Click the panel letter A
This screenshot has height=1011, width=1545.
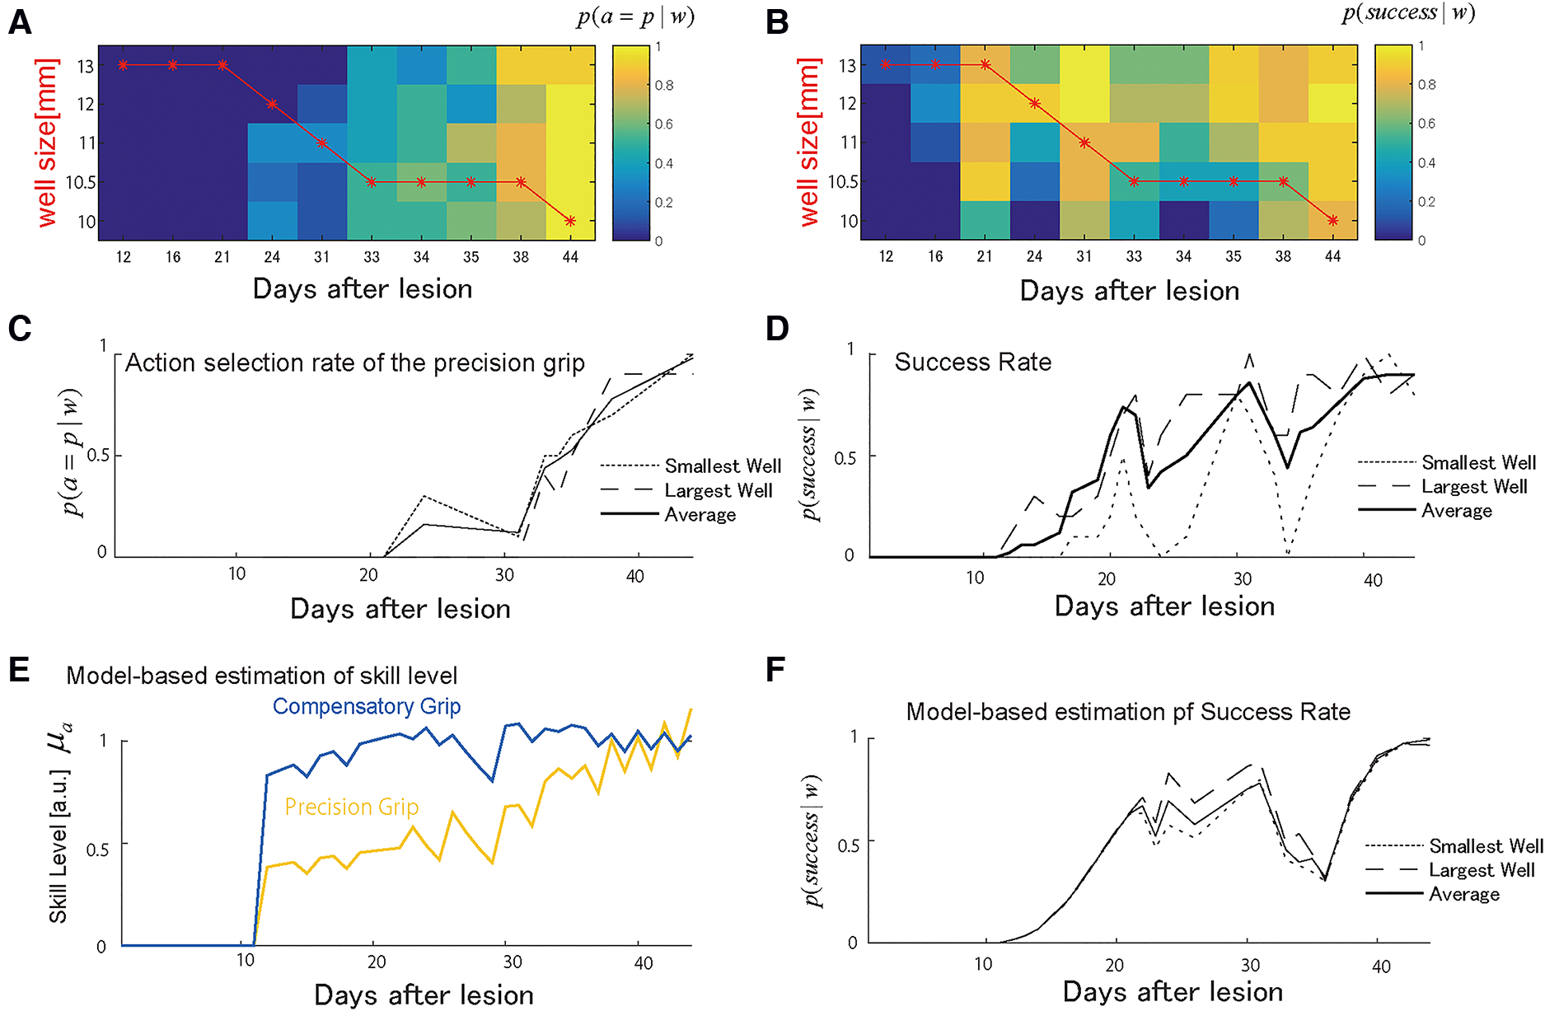point(20,22)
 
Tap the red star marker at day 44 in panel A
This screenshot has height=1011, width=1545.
point(570,221)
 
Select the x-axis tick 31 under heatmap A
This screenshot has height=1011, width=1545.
point(321,257)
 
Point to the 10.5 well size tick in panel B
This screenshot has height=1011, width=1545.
point(842,181)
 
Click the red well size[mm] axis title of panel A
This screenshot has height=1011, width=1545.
point(47,143)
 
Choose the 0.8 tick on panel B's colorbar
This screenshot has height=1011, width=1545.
point(1426,85)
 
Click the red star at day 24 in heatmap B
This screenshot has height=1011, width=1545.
point(1035,104)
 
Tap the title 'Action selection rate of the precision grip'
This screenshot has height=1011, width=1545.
point(354,363)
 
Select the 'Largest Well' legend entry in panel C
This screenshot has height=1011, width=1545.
point(718,490)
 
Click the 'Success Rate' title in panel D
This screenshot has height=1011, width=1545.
point(972,362)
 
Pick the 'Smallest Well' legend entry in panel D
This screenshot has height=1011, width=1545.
point(1478,462)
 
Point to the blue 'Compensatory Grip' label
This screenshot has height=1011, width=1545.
point(367,706)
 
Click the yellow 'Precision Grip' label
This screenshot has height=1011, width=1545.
point(352,807)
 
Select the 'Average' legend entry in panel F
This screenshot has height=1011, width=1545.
point(1463,894)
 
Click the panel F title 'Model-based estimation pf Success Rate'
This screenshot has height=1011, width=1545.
point(1128,711)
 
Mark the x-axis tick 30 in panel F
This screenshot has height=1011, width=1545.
point(1250,965)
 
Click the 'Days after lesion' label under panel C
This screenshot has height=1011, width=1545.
point(400,609)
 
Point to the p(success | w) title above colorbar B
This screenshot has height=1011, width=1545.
point(1408,13)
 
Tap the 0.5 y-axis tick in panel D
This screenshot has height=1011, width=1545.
point(845,457)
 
